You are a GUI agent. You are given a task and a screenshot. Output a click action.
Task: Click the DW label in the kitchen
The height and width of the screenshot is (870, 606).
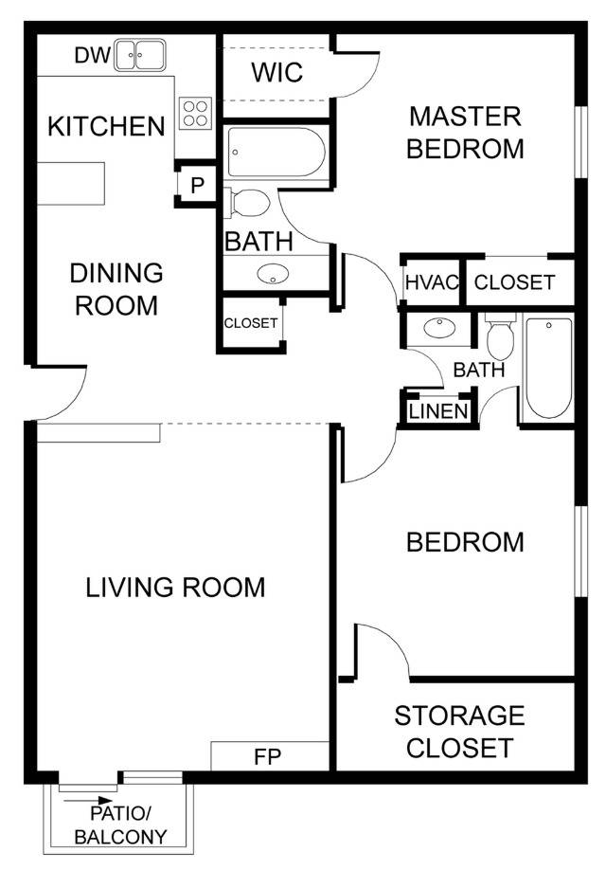[x=91, y=56]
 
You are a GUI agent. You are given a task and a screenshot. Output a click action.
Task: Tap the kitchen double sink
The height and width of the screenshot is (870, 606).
[x=140, y=56]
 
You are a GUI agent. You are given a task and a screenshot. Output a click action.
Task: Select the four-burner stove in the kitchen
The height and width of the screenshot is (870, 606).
[x=195, y=114]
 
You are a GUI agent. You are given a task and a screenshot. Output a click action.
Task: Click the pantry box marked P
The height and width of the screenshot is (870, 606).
[x=197, y=185]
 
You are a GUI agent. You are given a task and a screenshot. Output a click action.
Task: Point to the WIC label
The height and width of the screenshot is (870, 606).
[x=277, y=72]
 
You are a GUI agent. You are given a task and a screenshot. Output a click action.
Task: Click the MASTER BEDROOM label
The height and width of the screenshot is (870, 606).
[x=465, y=133]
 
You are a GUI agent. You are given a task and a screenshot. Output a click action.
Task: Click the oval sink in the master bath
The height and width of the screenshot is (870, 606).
[x=274, y=275]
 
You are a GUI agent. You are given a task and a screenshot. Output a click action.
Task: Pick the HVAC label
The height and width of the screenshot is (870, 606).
[x=431, y=282]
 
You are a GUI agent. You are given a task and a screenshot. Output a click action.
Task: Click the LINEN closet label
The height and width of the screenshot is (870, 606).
[x=437, y=411]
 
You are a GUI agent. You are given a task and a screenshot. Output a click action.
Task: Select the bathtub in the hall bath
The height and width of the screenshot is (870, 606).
[x=548, y=368]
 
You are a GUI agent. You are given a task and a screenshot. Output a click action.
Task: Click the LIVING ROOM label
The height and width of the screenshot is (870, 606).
[x=175, y=588]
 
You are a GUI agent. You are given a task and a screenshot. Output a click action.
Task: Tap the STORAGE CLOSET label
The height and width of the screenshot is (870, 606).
[x=459, y=731]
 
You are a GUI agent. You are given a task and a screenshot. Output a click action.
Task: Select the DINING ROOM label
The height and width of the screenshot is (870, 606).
[x=116, y=290]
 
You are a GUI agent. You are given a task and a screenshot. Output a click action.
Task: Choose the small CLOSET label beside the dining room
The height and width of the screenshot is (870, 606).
[x=251, y=323]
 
